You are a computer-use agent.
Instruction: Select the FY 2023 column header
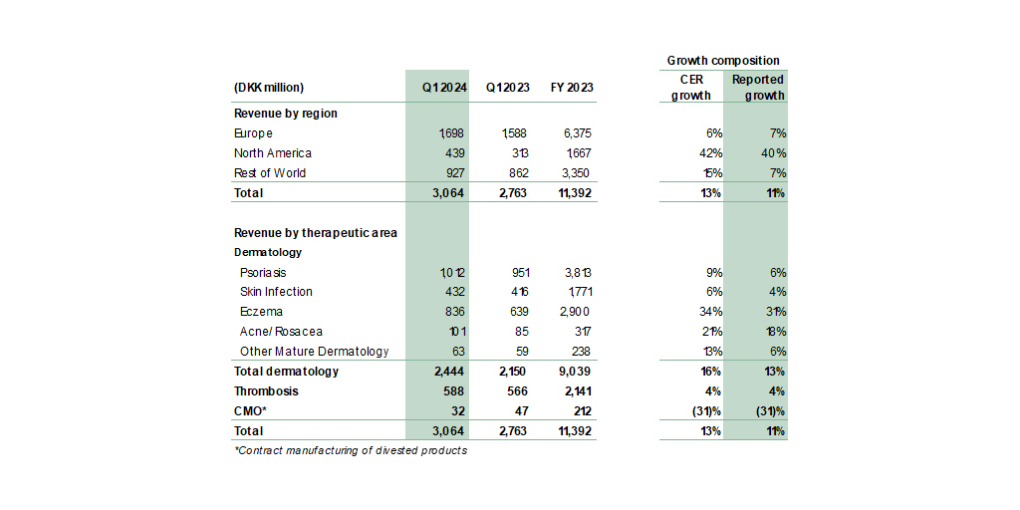point(572,88)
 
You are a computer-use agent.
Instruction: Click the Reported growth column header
point(758,88)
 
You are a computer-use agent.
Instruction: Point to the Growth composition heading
point(723,61)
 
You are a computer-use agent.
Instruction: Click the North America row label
point(272,153)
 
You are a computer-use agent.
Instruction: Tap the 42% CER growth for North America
point(708,153)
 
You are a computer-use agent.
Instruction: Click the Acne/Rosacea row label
point(281,332)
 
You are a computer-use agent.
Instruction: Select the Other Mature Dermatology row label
point(314,352)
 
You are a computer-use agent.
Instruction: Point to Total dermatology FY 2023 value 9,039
point(574,372)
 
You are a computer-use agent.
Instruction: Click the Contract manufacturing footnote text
point(351,450)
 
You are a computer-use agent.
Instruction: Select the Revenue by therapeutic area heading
point(316,233)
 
